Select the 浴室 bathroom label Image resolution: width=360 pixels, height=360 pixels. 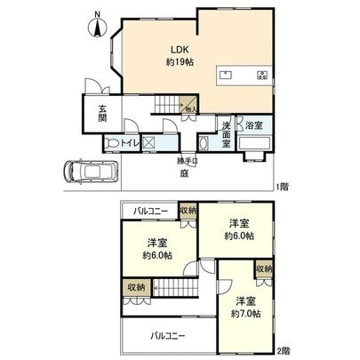255,126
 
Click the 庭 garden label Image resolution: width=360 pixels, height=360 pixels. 184,173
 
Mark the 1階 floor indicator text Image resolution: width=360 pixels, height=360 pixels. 282,186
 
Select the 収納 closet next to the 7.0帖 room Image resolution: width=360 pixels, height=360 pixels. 263,268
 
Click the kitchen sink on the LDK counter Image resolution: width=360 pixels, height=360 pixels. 226,75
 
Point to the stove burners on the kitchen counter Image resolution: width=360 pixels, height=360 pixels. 262,75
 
